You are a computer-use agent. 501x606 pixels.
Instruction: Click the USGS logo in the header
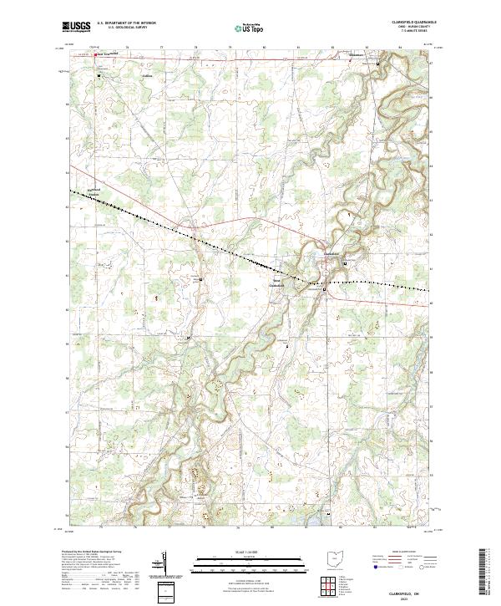(77, 27)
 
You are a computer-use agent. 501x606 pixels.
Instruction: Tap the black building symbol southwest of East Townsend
(100, 76)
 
